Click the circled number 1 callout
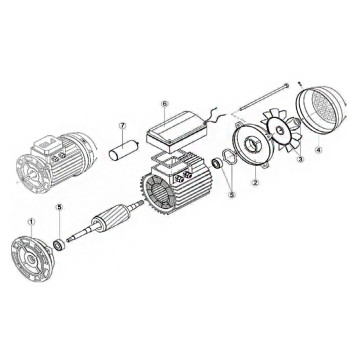[x=31, y=222]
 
